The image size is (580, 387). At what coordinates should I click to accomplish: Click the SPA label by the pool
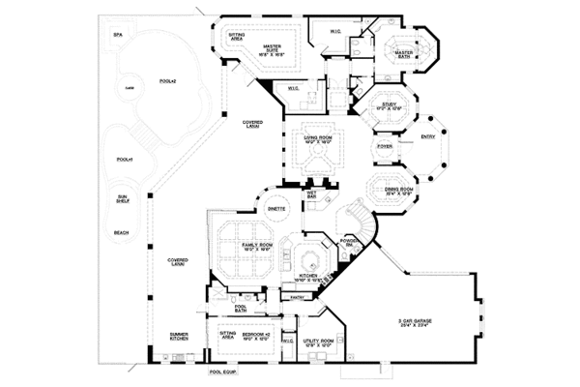coord(118,34)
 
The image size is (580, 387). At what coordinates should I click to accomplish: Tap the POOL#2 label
coord(166,81)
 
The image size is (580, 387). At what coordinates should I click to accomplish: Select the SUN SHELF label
coord(122,201)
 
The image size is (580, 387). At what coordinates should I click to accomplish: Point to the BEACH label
coord(122,232)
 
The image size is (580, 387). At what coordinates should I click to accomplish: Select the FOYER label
coord(385,146)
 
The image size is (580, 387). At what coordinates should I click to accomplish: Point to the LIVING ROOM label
coord(317,139)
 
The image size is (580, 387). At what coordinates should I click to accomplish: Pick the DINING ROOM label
coord(398,190)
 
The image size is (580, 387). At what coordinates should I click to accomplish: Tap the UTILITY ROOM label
coord(318,342)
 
